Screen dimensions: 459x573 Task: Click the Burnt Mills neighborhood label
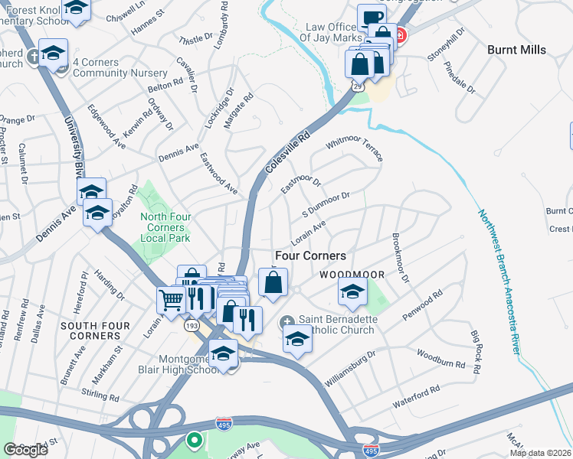coord(517,50)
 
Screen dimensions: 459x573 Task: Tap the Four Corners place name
coord(310,256)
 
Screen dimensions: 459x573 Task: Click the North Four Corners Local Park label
coord(162,227)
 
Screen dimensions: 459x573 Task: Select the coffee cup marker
coord(371,17)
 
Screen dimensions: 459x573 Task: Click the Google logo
coord(25,449)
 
